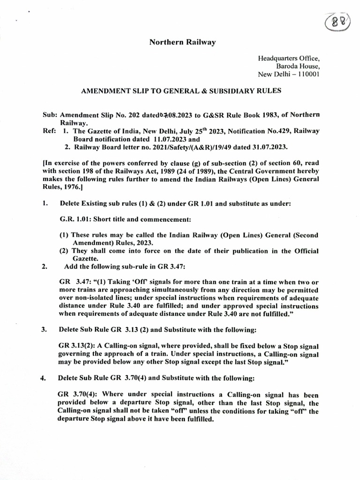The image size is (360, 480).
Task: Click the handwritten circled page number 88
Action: pos(339,22)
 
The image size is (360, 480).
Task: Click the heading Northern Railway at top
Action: pos(182,42)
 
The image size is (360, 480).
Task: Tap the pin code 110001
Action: pos(305,74)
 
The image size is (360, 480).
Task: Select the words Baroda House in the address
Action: pos(297,66)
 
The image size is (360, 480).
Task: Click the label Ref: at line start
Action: pos(50,132)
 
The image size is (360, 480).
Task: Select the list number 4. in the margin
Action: pos(45,377)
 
